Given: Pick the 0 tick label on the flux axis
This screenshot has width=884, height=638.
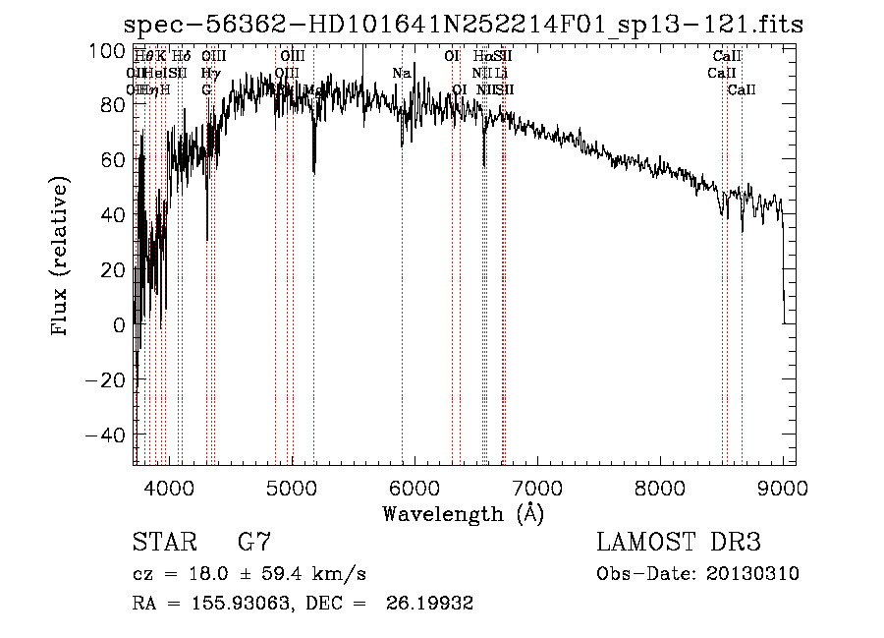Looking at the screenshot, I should [x=119, y=324].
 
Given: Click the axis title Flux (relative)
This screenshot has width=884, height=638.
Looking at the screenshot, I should [x=62, y=258].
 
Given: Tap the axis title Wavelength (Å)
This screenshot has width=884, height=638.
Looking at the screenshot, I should [x=463, y=513].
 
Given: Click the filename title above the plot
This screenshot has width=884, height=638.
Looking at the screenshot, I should [x=463, y=25].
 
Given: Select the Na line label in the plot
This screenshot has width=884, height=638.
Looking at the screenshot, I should [x=401, y=73].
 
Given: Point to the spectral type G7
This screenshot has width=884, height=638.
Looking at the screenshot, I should [x=254, y=543].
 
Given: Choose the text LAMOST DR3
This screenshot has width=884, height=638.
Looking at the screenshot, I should [x=678, y=543].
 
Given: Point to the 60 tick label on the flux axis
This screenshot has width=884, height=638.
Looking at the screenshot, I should [x=113, y=159].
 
